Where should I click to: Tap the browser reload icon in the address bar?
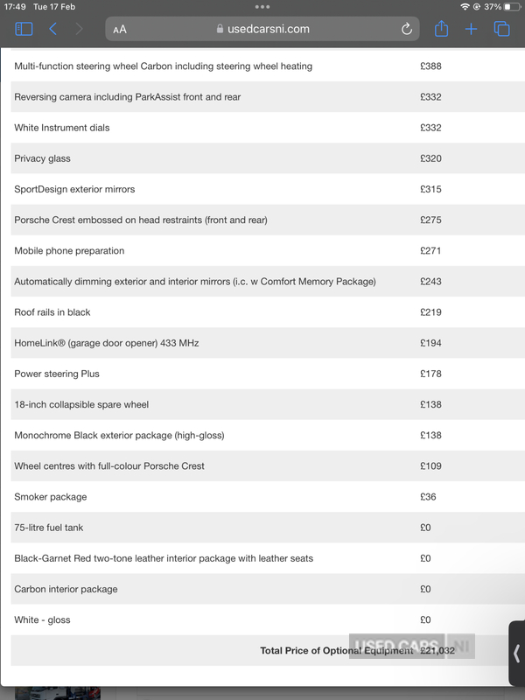click(407, 29)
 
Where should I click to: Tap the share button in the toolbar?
click(441, 29)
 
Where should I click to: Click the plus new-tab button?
click(471, 29)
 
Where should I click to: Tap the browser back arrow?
click(52, 29)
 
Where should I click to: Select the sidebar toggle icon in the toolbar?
click(24, 29)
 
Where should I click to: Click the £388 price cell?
click(430, 66)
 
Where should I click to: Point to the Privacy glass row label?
click(42, 158)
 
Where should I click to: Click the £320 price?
click(430, 158)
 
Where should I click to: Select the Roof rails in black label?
click(52, 312)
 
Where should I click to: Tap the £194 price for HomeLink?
click(430, 343)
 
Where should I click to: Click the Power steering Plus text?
click(57, 374)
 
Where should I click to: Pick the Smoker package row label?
click(50, 497)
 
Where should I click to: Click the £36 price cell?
click(428, 497)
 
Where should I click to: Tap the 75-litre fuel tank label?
click(49, 528)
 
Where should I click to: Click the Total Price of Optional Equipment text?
click(336, 650)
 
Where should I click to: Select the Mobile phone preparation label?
click(69, 251)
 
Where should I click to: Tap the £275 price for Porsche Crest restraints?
click(430, 220)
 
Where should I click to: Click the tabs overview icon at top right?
click(501, 29)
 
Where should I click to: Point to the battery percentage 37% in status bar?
click(493, 6)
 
